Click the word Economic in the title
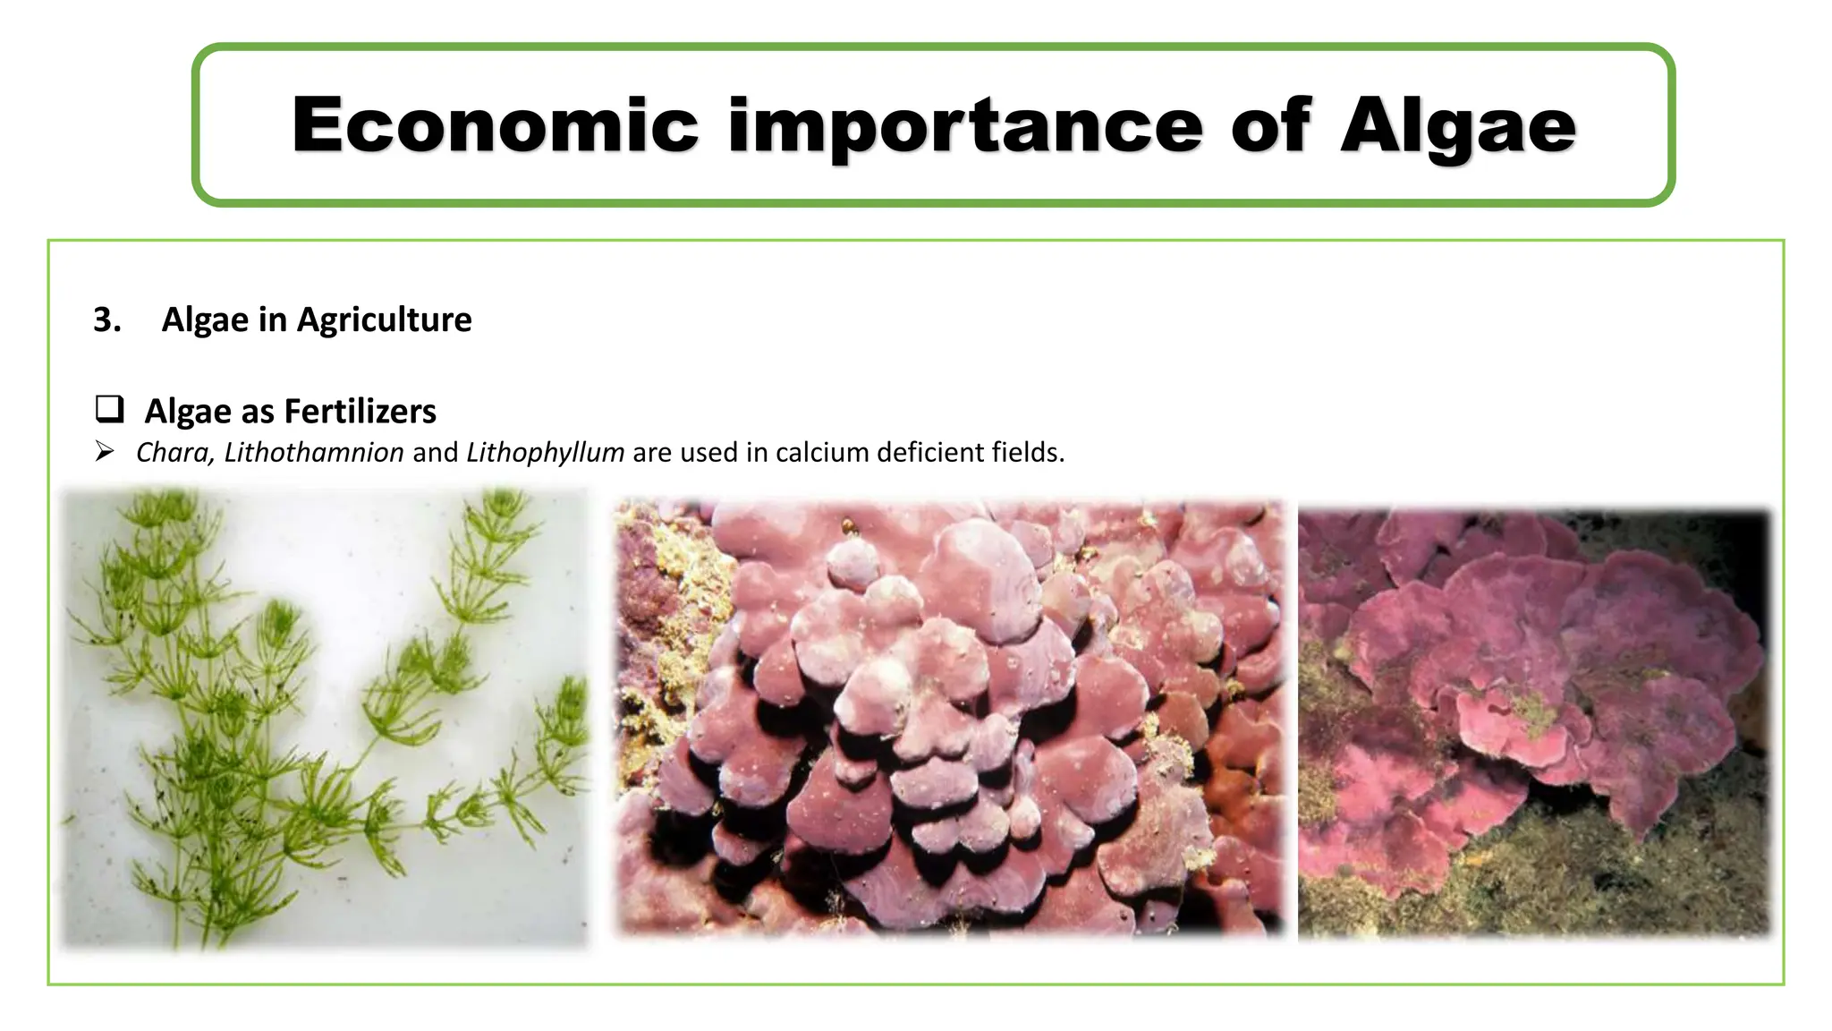(x=495, y=125)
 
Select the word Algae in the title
(x=1457, y=125)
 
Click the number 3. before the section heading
(x=107, y=320)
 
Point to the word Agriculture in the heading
(x=384, y=320)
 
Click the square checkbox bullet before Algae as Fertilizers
(x=109, y=410)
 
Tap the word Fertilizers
(x=360, y=411)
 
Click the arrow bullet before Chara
(x=105, y=452)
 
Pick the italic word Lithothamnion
(x=314, y=453)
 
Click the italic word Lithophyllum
(x=545, y=453)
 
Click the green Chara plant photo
(x=325, y=716)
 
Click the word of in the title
(x=1270, y=125)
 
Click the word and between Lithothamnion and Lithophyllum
(x=435, y=453)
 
